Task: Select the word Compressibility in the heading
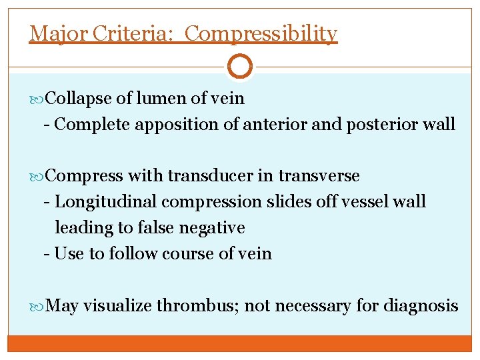tap(261, 33)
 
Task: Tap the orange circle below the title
tap(240, 65)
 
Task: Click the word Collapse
tap(80, 99)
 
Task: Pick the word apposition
tap(183, 125)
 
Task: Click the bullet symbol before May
tap(42, 306)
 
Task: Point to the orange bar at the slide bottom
tap(240, 343)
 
